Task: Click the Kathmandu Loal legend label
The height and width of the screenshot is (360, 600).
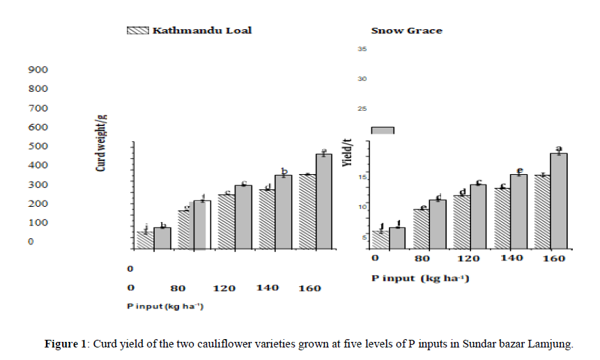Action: click(x=202, y=30)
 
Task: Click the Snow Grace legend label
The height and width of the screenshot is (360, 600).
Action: click(x=406, y=31)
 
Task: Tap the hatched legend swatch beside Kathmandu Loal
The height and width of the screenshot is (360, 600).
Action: click(x=138, y=30)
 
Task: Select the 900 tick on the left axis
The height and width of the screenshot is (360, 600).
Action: click(x=38, y=70)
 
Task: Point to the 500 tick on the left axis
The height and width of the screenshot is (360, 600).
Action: click(x=38, y=146)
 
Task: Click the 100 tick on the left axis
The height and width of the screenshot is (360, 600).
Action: click(x=38, y=222)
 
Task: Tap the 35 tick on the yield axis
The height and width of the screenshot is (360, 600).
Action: click(x=362, y=49)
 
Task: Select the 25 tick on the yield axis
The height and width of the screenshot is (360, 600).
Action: click(x=362, y=109)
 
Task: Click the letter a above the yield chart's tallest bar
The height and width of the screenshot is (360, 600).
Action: click(x=558, y=148)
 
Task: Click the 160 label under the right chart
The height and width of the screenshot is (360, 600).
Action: click(x=552, y=258)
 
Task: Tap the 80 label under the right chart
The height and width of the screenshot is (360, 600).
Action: click(x=422, y=258)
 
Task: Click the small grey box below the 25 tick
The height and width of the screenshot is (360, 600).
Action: click(x=383, y=130)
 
